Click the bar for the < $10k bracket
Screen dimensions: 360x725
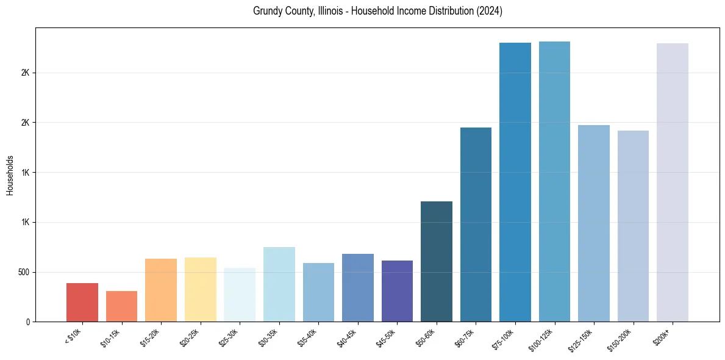pos(82,302)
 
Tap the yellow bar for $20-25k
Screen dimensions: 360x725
pos(200,289)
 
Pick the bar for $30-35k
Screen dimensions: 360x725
pos(279,284)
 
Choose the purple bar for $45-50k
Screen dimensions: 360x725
pos(397,291)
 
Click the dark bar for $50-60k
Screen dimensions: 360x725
pos(437,261)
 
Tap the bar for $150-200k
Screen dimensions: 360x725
pos(633,226)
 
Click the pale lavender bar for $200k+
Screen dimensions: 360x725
pos(673,182)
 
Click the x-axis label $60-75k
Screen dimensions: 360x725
pos(464,336)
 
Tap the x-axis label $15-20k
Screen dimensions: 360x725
pos(149,336)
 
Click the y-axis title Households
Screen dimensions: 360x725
pos(10,175)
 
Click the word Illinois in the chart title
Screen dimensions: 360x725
pos(333,12)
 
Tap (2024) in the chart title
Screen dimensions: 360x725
pos(490,12)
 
